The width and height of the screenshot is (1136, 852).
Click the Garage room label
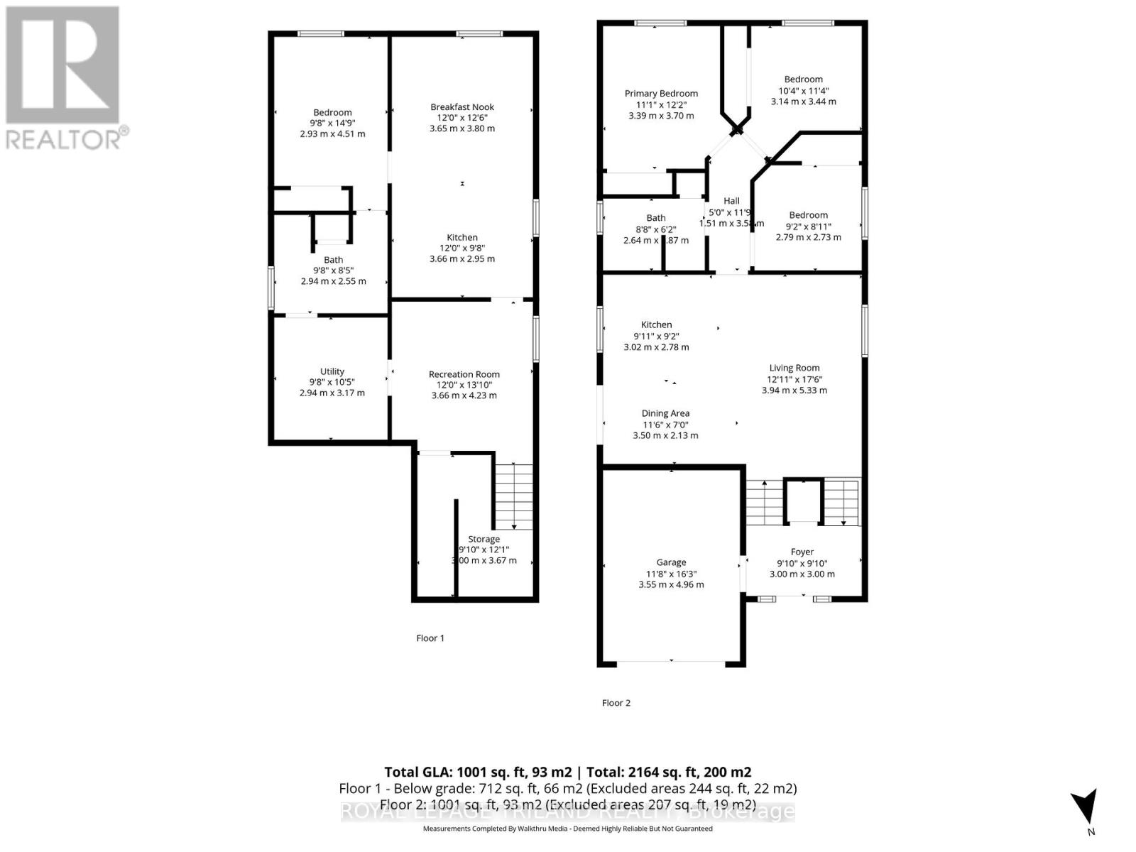pyautogui.click(x=671, y=562)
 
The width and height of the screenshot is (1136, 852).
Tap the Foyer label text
pyautogui.click(x=802, y=552)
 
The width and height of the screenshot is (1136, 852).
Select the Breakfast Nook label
pyautogui.click(x=462, y=107)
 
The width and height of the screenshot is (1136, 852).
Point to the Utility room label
pyautogui.click(x=332, y=371)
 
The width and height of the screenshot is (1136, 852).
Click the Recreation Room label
pyautogui.click(x=464, y=374)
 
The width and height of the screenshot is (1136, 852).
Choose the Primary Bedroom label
pyautogui.click(x=661, y=94)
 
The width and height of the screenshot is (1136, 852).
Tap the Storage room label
pyautogui.click(x=484, y=539)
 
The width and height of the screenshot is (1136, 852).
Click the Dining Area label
pyautogui.click(x=665, y=413)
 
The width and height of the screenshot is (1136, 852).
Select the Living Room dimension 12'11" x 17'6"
pyautogui.click(x=794, y=379)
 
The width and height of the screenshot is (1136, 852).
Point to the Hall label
pyautogui.click(x=731, y=201)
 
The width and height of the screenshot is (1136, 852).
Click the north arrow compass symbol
pyautogui.click(x=1084, y=807)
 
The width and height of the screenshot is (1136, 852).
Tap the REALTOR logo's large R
pyautogui.click(x=62, y=65)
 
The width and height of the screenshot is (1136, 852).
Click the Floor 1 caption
pyautogui.click(x=430, y=638)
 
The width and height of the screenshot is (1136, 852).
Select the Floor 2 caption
pyautogui.click(x=616, y=703)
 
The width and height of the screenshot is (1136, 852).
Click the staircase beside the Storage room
pyautogui.click(x=513, y=496)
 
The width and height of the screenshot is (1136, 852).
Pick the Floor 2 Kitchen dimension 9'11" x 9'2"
pyautogui.click(x=656, y=336)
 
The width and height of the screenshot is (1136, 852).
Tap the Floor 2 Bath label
pyautogui.click(x=656, y=218)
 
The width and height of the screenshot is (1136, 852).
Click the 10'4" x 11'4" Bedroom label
pyautogui.click(x=803, y=80)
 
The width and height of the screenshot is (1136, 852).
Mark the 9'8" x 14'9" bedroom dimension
pyautogui.click(x=332, y=123)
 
